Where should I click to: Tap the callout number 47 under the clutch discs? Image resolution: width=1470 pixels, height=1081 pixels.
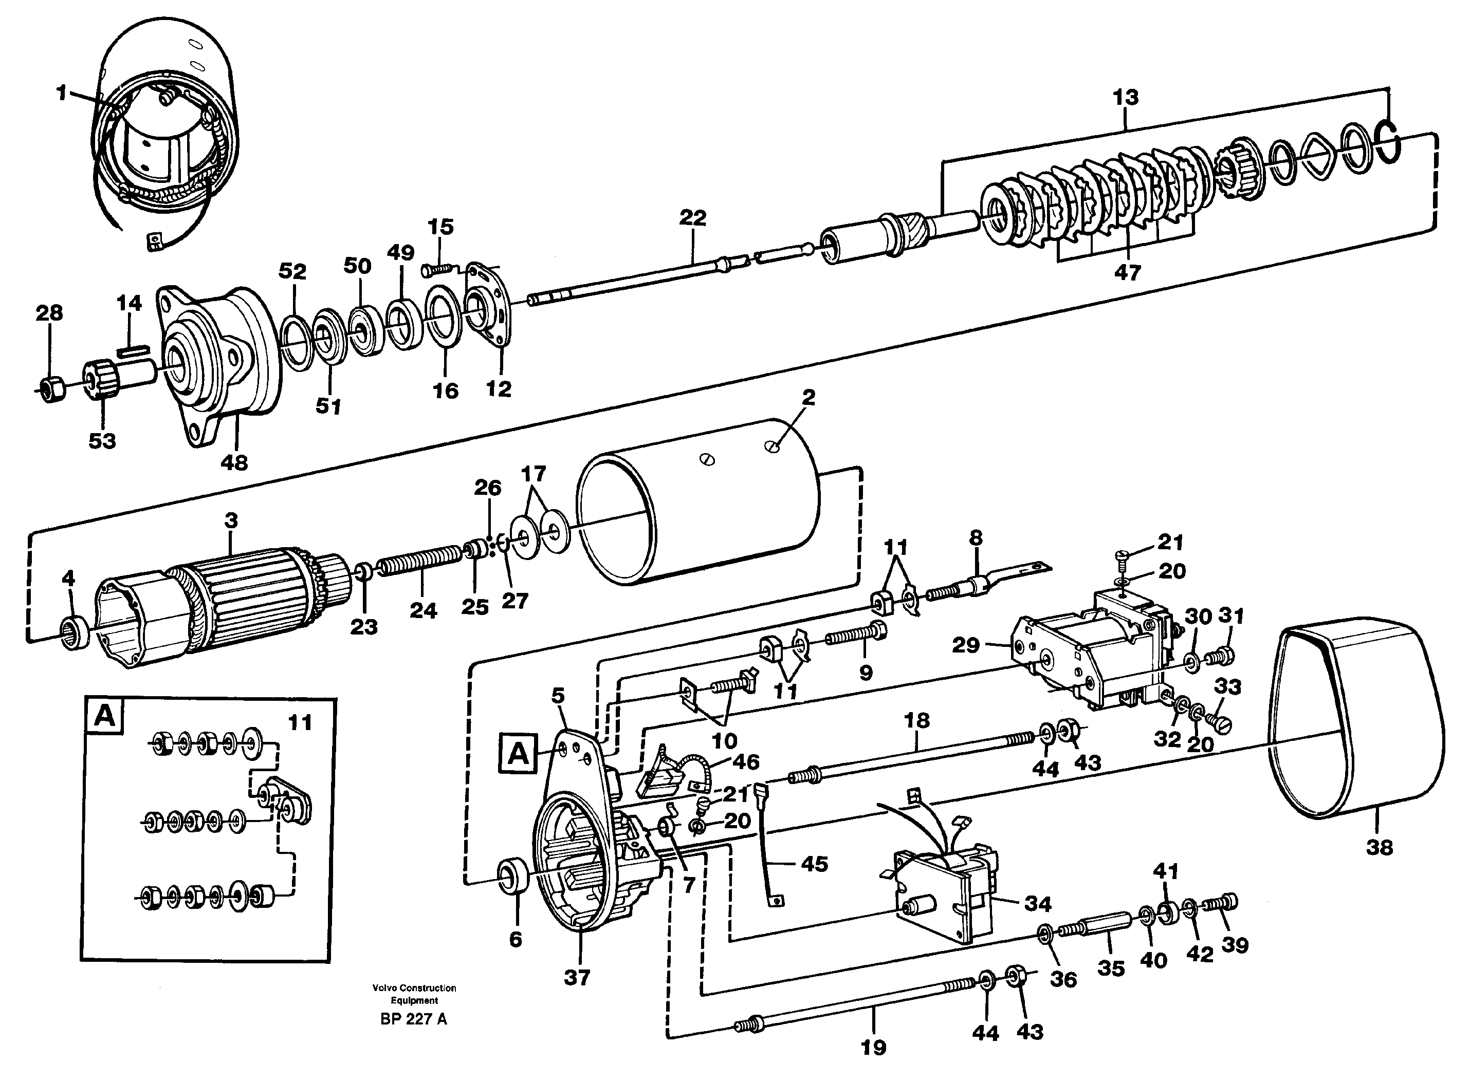pyautogui.click(x=1127, y=272)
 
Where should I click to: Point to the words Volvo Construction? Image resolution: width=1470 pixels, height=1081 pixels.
pyautogui.click(x=414, y=987)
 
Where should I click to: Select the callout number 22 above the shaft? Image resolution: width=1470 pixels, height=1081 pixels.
pyautogui.click(x=692, y=217)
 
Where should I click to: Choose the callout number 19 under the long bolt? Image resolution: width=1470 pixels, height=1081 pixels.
pyautogui.click(x=873, y=1048)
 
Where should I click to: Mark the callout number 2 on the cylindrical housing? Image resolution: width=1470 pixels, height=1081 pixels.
pyautogui.click(x=808, y=397)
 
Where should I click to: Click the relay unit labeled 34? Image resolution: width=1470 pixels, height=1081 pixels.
pyautogui.click(x=943, y=897)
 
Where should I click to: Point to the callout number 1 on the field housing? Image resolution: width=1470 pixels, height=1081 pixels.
pyautogui.click(x=62, y=93)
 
